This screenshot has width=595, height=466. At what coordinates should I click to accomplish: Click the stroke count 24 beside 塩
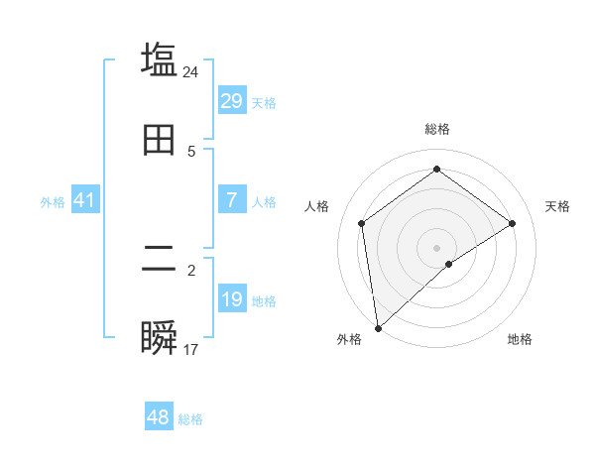point(191,71)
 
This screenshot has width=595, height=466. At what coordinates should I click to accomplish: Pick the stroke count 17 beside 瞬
point(191,349)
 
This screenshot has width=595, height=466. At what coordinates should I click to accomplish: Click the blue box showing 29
point(232,101)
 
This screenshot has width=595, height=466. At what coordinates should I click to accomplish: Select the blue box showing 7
point(232,200)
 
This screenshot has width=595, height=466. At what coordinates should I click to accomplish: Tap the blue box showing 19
point(232,299)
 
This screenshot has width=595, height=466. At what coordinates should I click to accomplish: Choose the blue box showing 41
point(85,201)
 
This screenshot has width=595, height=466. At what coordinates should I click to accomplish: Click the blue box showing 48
point(159,417)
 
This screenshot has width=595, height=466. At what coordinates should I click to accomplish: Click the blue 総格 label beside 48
point(191,419)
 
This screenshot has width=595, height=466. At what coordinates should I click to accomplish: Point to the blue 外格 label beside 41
point(53,202)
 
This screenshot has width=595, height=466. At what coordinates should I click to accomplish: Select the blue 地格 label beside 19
point(264,301)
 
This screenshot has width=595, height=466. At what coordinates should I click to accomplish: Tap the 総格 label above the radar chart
point(437,129)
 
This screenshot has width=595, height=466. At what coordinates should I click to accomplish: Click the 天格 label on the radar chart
point(557,206)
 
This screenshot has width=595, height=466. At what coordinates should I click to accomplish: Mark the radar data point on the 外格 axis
point(377,328)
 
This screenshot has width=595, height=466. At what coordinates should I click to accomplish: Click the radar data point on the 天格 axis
point(513,223)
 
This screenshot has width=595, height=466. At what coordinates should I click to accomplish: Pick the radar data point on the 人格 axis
point(362,223)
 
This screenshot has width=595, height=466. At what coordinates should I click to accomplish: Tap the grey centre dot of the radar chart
point(437,247)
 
